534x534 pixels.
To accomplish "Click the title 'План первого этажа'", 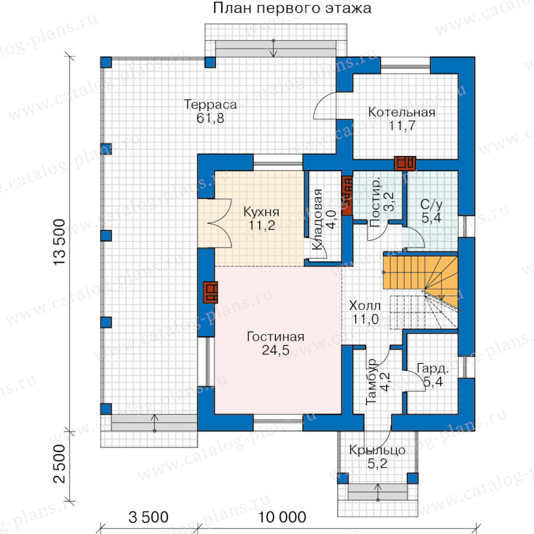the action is [292, 8].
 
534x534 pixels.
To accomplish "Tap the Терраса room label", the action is [210, 104].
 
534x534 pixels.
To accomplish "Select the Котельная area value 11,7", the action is [402, 126].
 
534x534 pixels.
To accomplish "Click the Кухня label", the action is [261, 212].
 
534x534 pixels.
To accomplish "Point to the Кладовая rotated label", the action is [318, 220].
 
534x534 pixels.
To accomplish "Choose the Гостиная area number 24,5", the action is [275, 350].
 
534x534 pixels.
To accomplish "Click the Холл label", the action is [365, 306].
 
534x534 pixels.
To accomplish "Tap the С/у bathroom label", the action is [431, 204].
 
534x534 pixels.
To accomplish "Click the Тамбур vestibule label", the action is [371, 382].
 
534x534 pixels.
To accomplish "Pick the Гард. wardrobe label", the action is [433, 369].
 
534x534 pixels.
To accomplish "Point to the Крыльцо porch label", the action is [377, 450].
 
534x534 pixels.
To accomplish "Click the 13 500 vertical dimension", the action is [59, 242].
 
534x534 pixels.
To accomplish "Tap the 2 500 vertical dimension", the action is [59, 464].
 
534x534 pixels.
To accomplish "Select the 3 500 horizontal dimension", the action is [148, 517].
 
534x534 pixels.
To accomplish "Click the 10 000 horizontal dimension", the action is [282, 517].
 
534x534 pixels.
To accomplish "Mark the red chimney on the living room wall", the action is [211, 292].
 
